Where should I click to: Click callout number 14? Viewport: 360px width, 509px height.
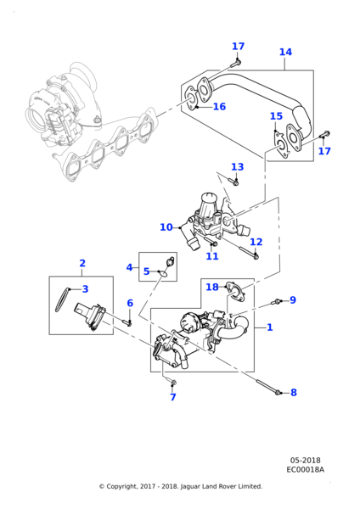[285, 53]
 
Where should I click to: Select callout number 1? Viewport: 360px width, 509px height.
[269, 327]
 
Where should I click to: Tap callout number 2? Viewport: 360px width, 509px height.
[82, 263]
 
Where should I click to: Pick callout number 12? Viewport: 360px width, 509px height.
[256, 242]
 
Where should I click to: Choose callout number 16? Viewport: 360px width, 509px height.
[219, 107]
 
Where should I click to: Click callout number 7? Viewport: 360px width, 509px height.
[172, 397]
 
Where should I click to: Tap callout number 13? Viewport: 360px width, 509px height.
[237, 167]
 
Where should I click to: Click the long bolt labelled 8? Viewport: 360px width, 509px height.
[270, 392]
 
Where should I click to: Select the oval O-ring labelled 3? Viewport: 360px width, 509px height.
[57, 299]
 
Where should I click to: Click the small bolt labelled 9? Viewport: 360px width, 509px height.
[277, 302]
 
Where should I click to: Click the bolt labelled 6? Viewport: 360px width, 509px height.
[128, 321]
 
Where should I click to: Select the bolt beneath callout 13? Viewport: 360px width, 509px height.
[235, 181]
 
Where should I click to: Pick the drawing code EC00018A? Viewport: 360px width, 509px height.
[305, 469]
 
